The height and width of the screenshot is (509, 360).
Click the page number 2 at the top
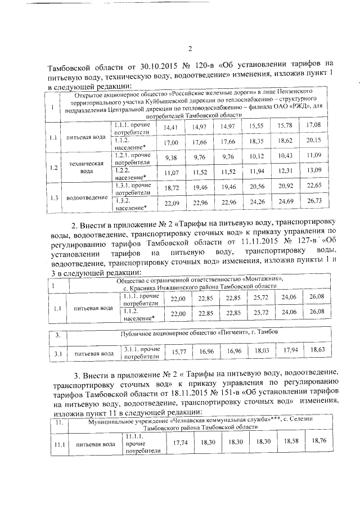(190, 48)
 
